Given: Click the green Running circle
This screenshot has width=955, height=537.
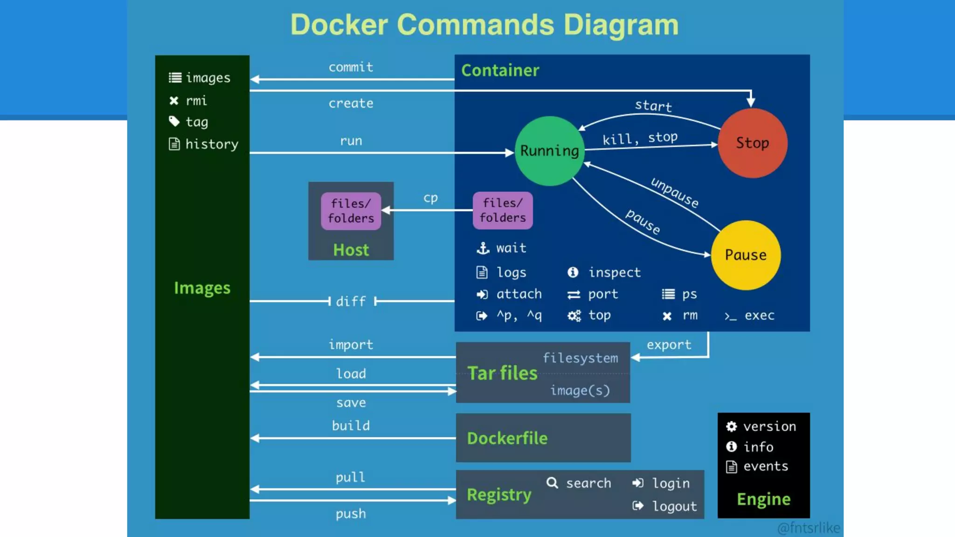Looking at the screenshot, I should pos(549,151).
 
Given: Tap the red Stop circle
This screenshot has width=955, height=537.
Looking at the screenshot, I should pos(752,143).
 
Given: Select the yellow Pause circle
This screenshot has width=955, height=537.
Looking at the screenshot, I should pos(745,255).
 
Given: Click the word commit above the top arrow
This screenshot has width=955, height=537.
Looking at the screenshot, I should pos(351,67).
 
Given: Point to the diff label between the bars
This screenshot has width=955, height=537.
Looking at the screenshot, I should pos(351,301).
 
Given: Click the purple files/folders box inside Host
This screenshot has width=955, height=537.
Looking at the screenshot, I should pos(351,211).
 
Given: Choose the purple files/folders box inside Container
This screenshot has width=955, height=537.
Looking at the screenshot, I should pos(503,210).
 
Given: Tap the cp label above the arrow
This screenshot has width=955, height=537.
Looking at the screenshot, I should pos(430,198).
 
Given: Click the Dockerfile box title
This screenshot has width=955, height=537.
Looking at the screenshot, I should pos(507,438).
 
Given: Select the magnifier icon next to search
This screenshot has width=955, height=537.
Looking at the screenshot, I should pos(552,482).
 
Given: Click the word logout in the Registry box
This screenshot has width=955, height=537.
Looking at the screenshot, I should pos(674,506).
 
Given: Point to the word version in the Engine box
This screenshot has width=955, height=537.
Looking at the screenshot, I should pos(769,427).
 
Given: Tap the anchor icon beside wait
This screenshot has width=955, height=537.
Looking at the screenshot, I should pos(483,248).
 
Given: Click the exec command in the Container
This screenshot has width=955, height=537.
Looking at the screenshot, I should pos(759,316).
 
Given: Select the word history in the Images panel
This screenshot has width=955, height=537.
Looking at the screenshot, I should pos(212,144).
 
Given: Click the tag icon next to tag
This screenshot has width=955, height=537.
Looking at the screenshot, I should pos(174,122).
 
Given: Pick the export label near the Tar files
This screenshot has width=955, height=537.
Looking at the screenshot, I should pos(669,345).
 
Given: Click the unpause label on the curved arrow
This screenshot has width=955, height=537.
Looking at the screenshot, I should pos(675,192).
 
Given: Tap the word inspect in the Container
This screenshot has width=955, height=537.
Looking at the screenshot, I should pos(614,272).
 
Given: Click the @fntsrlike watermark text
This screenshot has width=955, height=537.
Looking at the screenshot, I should pos(809,528).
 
